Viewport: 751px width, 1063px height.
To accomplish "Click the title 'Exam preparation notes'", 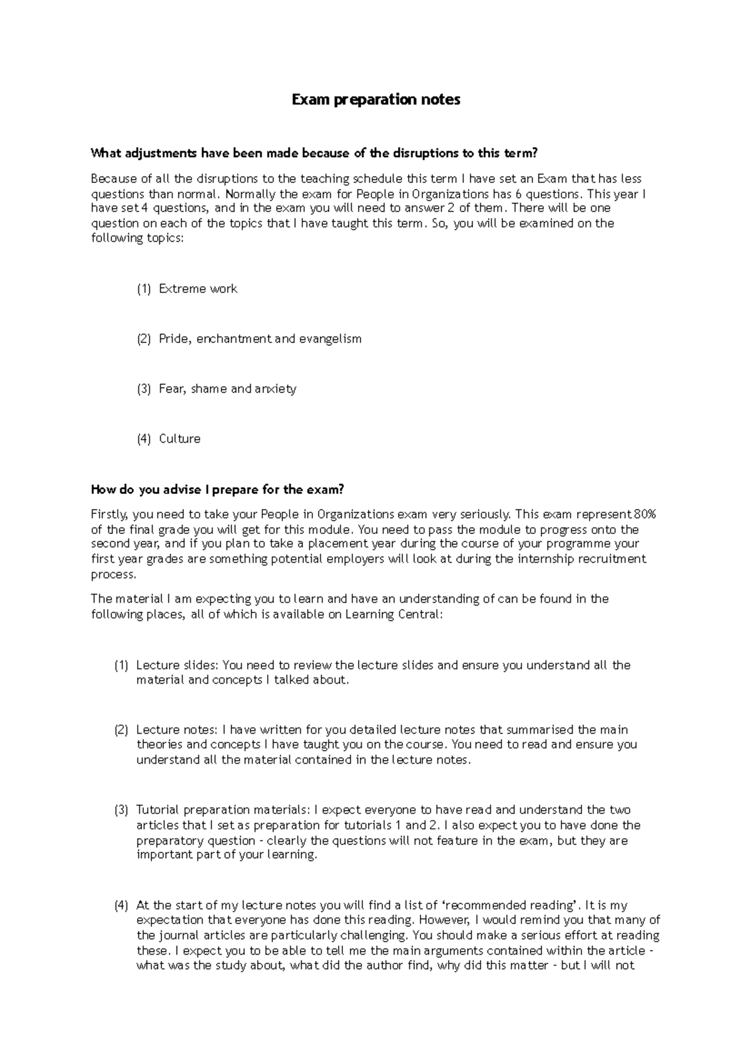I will [x=375, y=100].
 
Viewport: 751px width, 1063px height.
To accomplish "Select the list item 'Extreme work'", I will [x=198, y=289].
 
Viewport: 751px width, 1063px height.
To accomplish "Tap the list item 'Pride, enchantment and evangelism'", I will [x=260, y=339].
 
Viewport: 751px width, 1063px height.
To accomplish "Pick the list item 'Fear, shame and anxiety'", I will [x=227, y=389].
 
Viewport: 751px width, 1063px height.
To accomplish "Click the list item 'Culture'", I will [x=180, y=439].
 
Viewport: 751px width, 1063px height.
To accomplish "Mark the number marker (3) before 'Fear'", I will [x=144, y=389].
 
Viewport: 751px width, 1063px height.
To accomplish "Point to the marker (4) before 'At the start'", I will [x=121, y=905].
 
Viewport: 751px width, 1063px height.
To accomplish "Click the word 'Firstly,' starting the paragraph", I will [x=110, y=515].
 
